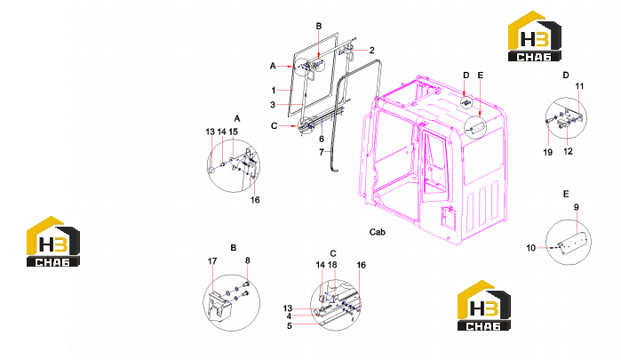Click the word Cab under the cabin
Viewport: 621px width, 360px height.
[377, 232]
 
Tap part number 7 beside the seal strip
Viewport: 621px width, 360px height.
[322, 152]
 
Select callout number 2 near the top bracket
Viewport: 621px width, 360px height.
[371, 51]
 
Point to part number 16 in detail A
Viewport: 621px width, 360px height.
[255, 200]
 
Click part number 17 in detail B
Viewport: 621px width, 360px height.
[212, 260]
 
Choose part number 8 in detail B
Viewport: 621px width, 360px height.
[248, 260]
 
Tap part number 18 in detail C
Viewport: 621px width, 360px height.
[332, 265]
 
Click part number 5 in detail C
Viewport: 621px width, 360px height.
[290, 325]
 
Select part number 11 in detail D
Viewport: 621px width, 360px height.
[579, 86]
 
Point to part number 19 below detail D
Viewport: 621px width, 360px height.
[548, 152]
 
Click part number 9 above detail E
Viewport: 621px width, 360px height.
[577, 207]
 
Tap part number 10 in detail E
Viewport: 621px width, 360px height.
[530, 248]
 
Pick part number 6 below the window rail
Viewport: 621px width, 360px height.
[322, 139]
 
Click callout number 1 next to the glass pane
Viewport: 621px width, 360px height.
[274, 91]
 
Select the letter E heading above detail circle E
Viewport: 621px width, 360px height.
[566, 194]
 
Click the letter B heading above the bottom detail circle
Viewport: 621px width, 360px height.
[234, 247]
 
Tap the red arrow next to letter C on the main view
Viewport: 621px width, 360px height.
[288, 125]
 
